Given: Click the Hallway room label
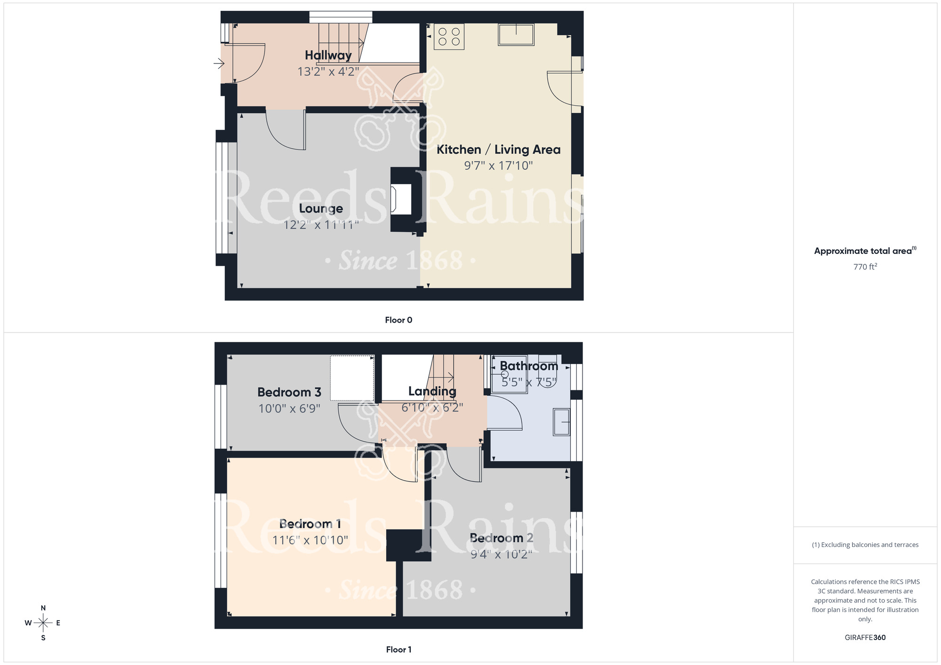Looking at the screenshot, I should [328, 55].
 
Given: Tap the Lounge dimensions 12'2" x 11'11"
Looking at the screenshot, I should [321, 225].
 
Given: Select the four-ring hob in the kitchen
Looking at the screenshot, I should [449, 37].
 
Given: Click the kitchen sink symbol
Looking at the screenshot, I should [516, 34].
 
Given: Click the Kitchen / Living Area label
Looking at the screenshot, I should [498, 150].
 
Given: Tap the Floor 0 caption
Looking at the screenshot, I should [399, 320].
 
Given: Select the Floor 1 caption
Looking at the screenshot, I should [399, 649].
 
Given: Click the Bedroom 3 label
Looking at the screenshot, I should [289, 392].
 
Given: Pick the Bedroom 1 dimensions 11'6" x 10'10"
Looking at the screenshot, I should [310, 540].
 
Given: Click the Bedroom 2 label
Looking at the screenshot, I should [502, 538].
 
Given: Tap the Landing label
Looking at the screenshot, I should [432, 391].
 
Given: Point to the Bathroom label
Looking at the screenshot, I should [528, 366].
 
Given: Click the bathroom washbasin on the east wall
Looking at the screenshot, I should [561, 422].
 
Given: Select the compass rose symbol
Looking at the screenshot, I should [43, 623].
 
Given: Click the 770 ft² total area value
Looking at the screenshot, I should [865, 267].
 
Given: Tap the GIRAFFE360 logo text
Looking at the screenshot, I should [865, 638].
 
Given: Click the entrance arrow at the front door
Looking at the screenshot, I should [219, 63].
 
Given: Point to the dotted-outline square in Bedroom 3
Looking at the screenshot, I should [352, 378].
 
